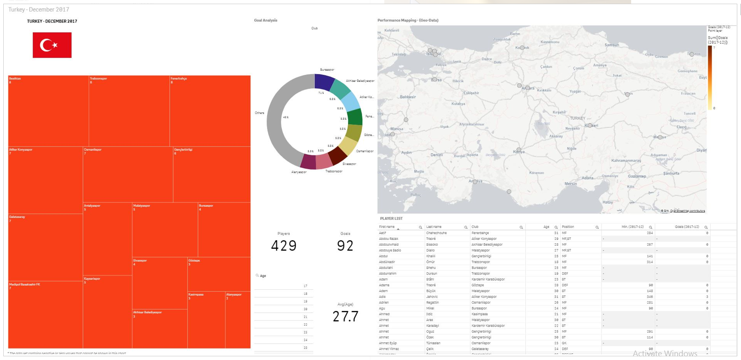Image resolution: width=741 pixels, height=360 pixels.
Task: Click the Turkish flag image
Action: click(52, 45)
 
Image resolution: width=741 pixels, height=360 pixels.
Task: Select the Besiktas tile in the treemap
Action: click(48, 111)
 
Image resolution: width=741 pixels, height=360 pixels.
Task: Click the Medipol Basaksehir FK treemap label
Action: click(25, 284)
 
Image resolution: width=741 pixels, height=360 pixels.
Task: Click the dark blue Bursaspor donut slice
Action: click(324, 81)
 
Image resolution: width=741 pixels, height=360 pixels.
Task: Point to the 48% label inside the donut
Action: click(286, 117)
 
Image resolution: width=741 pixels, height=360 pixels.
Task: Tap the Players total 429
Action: click(283, 246)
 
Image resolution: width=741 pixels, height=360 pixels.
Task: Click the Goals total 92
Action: click(345, 246)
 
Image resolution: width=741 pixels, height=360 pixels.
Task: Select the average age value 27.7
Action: click(345, 316)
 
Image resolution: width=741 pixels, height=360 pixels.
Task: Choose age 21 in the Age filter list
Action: click(305, 317)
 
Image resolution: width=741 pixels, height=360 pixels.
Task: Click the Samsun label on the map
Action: click(612, 45)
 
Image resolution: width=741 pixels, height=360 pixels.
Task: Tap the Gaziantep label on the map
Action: click(637, 176)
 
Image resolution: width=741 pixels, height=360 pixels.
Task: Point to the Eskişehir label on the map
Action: click(471, 93)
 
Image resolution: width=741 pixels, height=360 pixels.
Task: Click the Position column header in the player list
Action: click(568, 227)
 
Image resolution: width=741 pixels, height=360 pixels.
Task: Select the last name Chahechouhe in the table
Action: click(437, 233)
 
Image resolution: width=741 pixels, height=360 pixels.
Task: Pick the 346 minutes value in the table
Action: click(650, 297)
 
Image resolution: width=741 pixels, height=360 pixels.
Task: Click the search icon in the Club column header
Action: click(521, 227)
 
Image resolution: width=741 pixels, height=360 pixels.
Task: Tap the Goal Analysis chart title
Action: click(265, 20)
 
